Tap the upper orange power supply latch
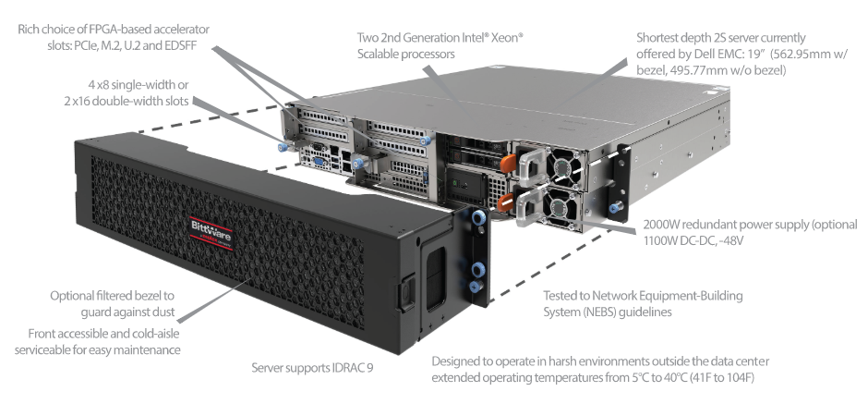(x=508, y=164)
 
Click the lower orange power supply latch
(x=504, y=202)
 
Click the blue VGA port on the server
(x=319, y=163)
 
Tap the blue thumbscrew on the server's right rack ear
(x=614, y=208)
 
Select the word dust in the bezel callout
(x=163, y=312)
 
